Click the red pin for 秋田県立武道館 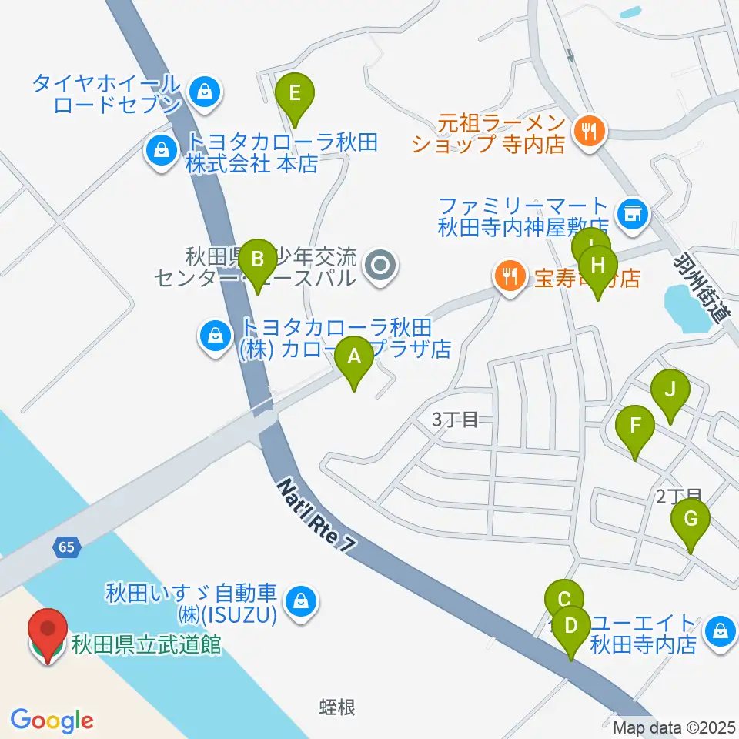coord(47,634)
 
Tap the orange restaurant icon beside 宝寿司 coord(508,275)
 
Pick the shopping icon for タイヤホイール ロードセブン coord(204,90)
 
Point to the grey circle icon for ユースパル coord(380,266)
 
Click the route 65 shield coord(66,548)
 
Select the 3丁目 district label coord(455,420)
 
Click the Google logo coord(52,721)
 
